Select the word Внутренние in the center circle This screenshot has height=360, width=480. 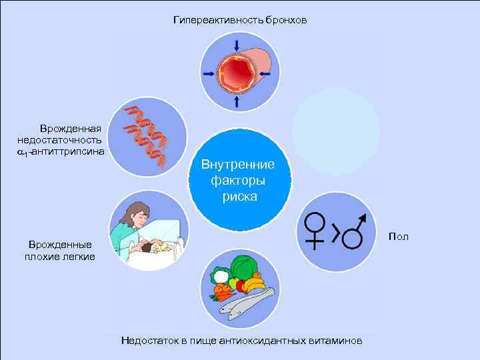(240, 165)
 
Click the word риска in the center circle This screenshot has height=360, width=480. (240, 198)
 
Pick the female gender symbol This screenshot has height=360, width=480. (314, 227)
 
